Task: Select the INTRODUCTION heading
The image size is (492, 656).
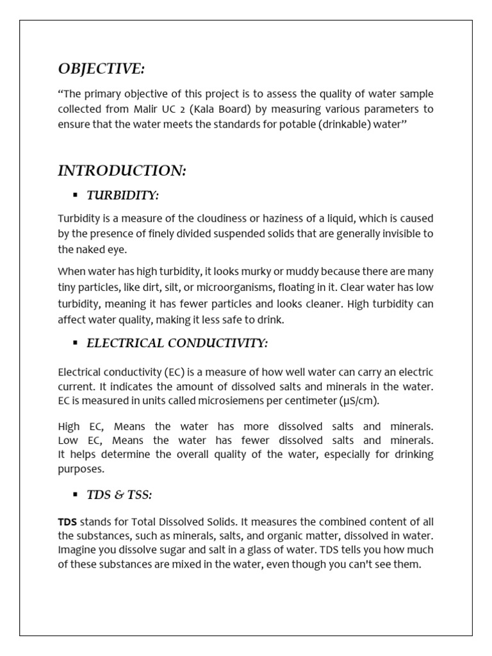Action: click(122, 170)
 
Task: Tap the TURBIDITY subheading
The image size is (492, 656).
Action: click(122, 194)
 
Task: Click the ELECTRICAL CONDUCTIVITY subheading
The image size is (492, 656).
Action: click(177, 343)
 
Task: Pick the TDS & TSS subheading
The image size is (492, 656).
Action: click(119, 495)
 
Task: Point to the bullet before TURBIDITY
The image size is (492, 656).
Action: click(75, 194)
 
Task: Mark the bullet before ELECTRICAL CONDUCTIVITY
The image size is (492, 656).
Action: click(75, 343)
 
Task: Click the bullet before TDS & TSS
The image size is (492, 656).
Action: click(75, 495)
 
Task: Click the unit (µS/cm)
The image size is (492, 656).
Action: click(359, 401)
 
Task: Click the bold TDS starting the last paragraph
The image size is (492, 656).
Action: click(67, 523)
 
